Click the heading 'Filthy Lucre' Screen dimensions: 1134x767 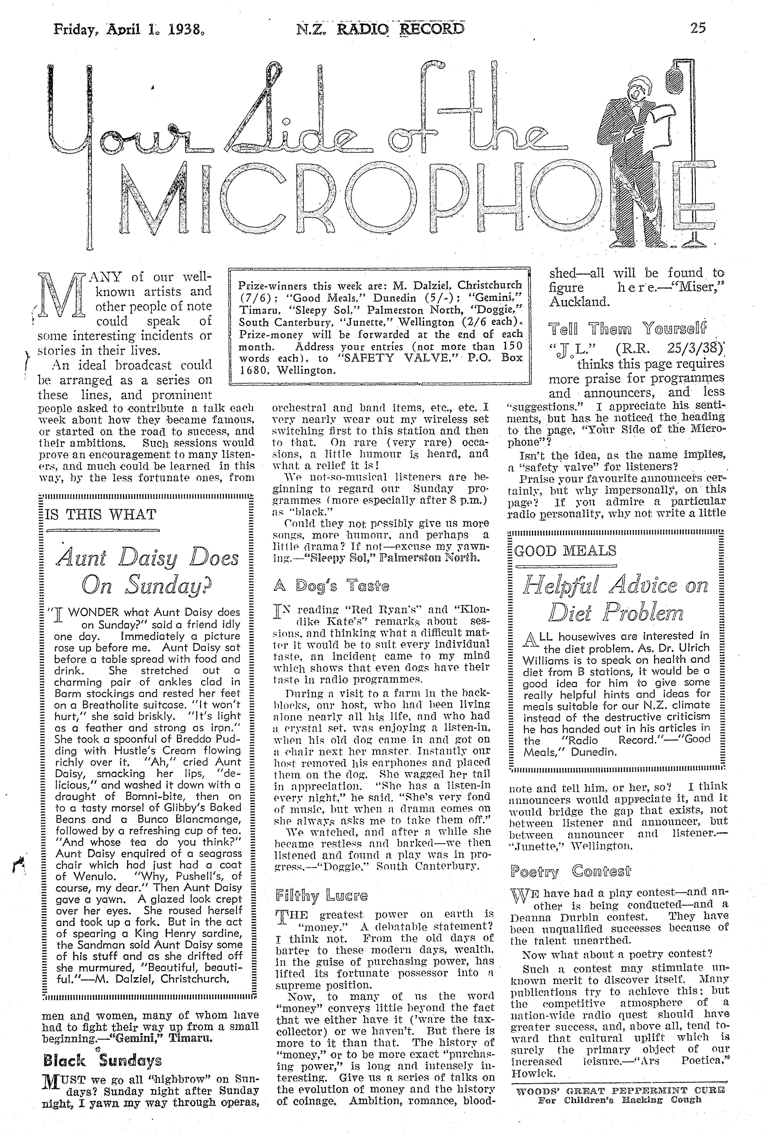[321, 895]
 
